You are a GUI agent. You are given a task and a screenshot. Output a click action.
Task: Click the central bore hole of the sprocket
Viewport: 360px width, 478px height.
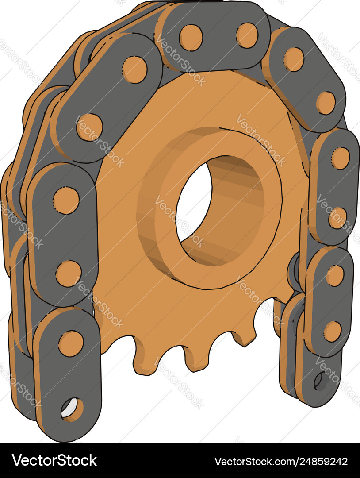click(x=195, y=204)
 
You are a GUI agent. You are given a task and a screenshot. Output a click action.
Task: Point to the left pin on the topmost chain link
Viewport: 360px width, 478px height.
click(x=191, y=37)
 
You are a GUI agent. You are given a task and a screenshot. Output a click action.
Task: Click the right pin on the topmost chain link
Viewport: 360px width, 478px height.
click(x=247, y=35)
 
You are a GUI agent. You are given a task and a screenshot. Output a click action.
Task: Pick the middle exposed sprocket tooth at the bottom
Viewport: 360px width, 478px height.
click(x=195, y=358)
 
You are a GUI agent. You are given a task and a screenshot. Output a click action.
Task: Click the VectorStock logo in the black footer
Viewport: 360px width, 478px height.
click(x=54, y=461)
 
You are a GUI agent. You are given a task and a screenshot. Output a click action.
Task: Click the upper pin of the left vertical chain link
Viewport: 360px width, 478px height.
click(x=66, y=200)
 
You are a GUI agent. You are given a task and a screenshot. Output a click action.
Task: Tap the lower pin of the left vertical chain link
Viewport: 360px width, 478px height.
click(x=69, y=273)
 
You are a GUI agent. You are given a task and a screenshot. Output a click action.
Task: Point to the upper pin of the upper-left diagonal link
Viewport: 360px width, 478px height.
click(x=134, y=69)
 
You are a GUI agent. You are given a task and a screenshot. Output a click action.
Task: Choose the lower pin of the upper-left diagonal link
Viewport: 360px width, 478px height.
click(x=89, y=127)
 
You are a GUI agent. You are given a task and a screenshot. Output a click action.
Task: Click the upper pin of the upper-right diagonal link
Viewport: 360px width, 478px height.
click(x=294, y=59)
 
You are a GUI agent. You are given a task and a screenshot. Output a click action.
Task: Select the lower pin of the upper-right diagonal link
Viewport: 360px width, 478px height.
click(x=326, y=103)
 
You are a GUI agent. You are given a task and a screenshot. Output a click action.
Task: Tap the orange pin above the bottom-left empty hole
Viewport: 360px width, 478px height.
click(x=71, y=343)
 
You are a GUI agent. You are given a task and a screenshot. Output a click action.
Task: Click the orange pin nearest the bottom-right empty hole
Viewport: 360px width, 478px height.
click(x=333, y=332)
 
